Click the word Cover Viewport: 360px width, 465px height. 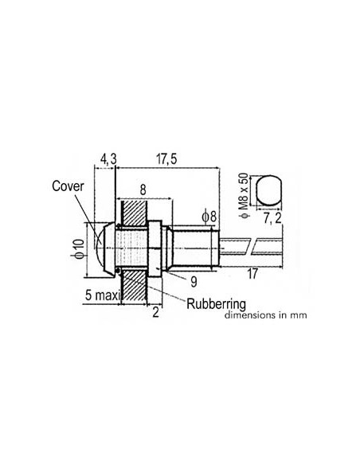pyautogui.click(x=68, y=186)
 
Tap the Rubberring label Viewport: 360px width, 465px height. pyautogui.click(x=216, y=303)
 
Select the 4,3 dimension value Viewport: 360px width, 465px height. pyautogui.click(x=108, y=159)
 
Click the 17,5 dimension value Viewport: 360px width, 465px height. pyautogui.click(x=166, y=159)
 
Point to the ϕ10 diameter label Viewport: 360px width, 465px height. pyautogui.click(x=80, y=249)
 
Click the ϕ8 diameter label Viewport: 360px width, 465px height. pyautogui.click(x=209, y=217)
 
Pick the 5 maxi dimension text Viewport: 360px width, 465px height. pyautogui.click(x=102, y=295)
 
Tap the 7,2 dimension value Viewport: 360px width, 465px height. pyautogui.click(x=272, y=218)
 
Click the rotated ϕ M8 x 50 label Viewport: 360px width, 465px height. pyautogui.click(x=244, y=195)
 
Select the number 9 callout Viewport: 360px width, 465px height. pyautogui.click(x=194, y=282)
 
